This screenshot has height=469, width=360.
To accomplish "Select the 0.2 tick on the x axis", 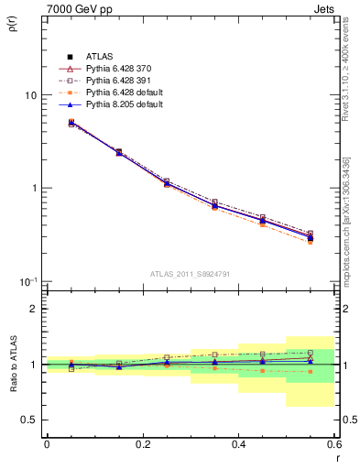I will [x=142, y=444].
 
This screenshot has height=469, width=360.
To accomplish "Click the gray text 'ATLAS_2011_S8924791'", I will [x=190, y=272].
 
